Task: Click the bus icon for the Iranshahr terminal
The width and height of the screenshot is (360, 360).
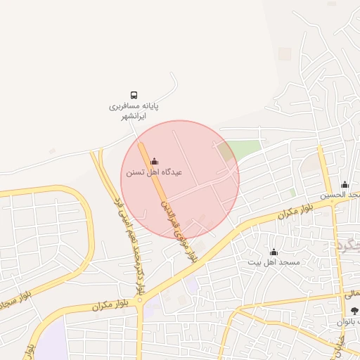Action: [134, 95]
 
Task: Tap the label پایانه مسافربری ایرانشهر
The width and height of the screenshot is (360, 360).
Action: [134, 111]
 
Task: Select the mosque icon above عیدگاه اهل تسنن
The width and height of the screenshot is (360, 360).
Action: [155, 161]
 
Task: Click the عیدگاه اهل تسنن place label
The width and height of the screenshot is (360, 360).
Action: [154, 172]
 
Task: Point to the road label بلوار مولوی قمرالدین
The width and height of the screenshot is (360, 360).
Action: [178, 229]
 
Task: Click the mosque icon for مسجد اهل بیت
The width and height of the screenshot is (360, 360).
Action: [274, 252]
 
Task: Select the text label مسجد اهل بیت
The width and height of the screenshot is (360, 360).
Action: [274, 262]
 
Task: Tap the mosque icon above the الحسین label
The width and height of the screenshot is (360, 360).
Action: [345, 184]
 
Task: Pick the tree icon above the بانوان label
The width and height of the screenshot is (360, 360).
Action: [354, 310]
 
